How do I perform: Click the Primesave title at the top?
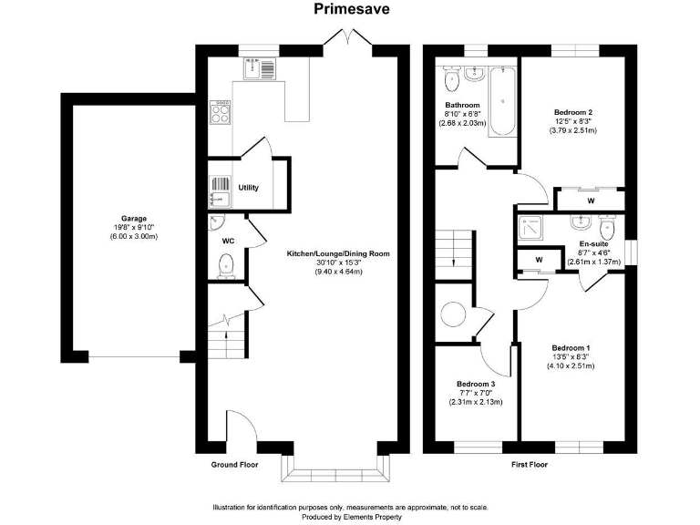349,9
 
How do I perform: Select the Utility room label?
249,188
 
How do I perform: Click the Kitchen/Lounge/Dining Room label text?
324,252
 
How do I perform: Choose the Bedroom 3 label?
475,384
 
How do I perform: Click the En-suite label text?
593,244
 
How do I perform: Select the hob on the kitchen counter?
220,113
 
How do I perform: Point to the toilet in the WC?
226,265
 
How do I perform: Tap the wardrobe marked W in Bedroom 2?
591,201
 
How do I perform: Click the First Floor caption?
529,465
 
